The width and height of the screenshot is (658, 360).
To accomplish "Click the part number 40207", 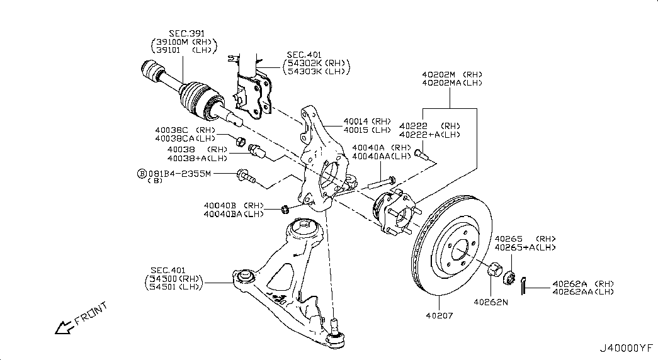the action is coord(440,315).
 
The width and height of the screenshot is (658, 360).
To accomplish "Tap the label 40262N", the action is coord(491,301).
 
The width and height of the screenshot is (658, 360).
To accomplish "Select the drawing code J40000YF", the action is coord(626,348).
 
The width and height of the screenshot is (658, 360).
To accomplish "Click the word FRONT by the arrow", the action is coord(91,314).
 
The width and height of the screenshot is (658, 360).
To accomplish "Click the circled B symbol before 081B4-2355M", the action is coord(142,173).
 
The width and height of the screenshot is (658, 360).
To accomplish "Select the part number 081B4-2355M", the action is coord(179,173).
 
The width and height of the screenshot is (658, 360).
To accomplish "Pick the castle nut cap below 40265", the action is coord(509,278).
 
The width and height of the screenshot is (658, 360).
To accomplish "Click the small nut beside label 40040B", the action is coord(285,208).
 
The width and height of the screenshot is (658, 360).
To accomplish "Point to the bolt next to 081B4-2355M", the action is coord(246,177).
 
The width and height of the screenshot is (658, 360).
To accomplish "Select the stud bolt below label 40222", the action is coord(420,155).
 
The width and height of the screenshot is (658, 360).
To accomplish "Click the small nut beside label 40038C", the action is coord(240,141).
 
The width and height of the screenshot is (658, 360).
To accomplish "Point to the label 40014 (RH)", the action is coord(367,121).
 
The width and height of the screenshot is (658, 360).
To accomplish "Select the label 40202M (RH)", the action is coord(452,75).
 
